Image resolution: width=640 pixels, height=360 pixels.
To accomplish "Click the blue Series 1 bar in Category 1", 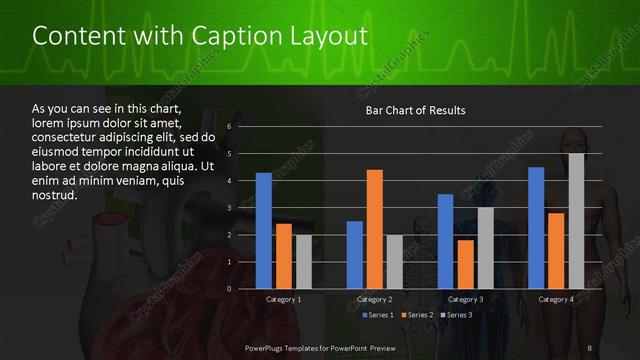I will pos(264,231).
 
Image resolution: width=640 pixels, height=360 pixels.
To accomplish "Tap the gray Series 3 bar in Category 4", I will pos(576,221).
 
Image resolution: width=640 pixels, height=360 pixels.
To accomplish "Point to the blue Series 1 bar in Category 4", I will pos(536,228).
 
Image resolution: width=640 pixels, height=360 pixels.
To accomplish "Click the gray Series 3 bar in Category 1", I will pos(304,262).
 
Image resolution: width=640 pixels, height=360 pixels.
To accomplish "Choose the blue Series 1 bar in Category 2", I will pos(355,255).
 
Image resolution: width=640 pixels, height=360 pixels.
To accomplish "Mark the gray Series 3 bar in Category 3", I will pos(485,248).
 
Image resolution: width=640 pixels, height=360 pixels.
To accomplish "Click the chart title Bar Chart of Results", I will pos(415,110).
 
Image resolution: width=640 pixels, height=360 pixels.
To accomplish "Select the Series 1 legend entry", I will pos(379,315).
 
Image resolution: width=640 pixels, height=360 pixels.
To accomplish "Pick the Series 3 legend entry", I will pos(456,315).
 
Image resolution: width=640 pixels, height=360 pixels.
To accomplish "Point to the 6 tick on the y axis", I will pos(229,127).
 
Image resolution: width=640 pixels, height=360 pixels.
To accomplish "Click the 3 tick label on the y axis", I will pos(229,208).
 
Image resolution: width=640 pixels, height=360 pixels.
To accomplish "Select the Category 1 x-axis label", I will pos(284,299).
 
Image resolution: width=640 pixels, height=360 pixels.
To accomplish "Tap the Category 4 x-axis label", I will pos(556,299).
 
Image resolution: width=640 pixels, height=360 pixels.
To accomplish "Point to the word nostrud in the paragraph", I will pos(54,195).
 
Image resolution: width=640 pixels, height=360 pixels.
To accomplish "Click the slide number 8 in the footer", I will pos(590,347).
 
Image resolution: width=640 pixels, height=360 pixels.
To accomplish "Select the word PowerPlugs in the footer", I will pos(268,347).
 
